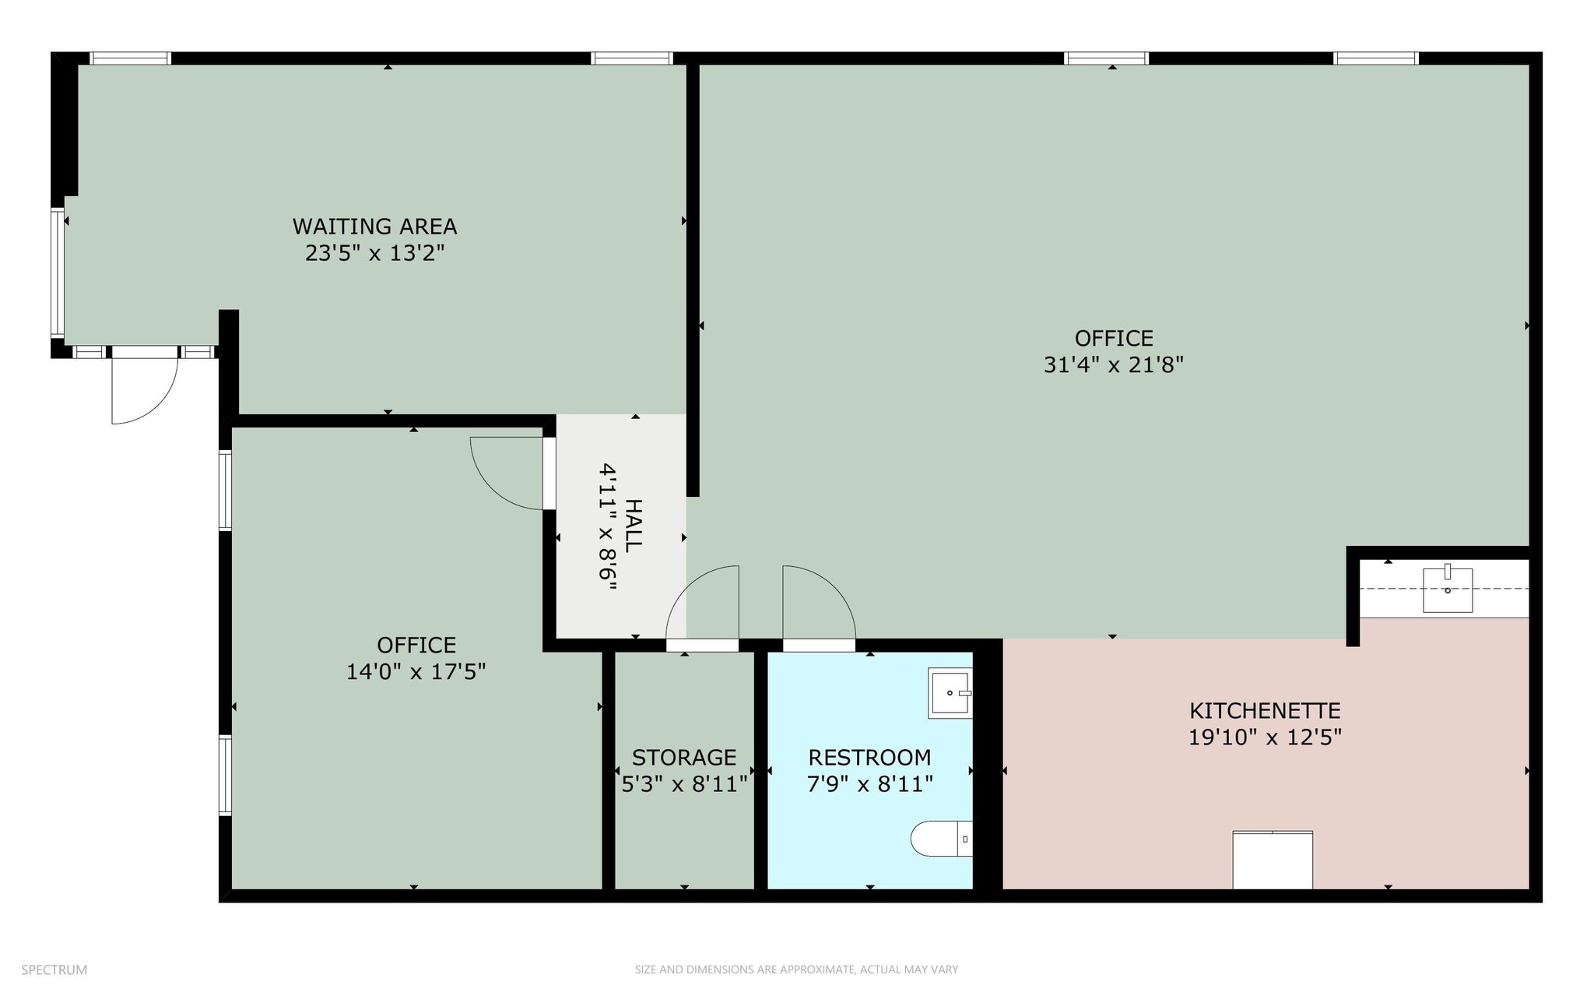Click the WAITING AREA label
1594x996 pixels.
[374, 227]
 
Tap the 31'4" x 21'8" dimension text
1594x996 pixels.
[1113, 365]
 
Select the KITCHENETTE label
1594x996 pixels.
[1265, 710]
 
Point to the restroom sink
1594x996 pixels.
[950, 692]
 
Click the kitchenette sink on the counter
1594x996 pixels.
[1448, 590]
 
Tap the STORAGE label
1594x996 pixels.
[684, 757]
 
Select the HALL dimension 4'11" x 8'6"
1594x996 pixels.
[608, 527]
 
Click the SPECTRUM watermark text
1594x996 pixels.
[54, 970]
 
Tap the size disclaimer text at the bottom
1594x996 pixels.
[796, 970]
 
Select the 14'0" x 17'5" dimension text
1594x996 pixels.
[416, 672]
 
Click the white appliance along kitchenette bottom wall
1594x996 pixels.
[1273, 860]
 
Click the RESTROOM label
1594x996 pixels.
[869, 757]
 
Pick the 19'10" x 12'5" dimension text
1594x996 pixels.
[1265, 737]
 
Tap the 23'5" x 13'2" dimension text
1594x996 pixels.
[374, 253]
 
